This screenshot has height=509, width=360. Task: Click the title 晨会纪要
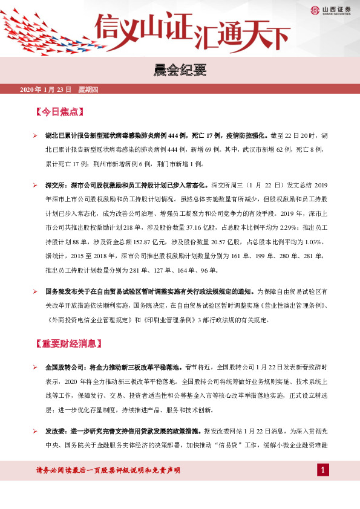tap(180, 72)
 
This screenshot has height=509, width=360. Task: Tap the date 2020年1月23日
tap(46, 90)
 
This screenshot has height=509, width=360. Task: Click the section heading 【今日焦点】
tap(59, 113)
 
